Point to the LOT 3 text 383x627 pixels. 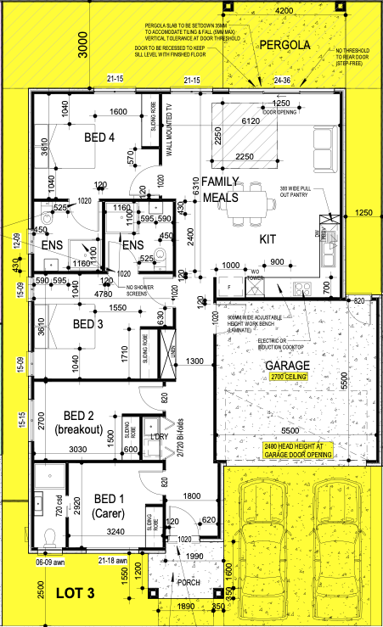click(76, 592)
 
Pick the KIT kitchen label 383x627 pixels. click(268, 239)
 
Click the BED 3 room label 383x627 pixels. click(89, 325)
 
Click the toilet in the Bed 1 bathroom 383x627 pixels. click(50, 535)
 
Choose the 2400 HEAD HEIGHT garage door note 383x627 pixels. click(296, 451)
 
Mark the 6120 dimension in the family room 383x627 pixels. click(251, 121)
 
